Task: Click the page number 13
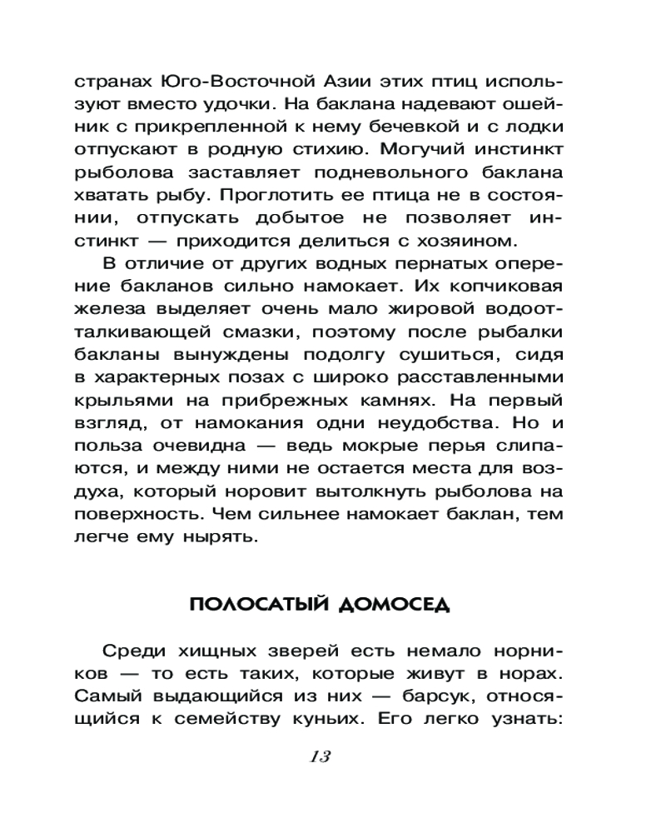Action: pos(320,756)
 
